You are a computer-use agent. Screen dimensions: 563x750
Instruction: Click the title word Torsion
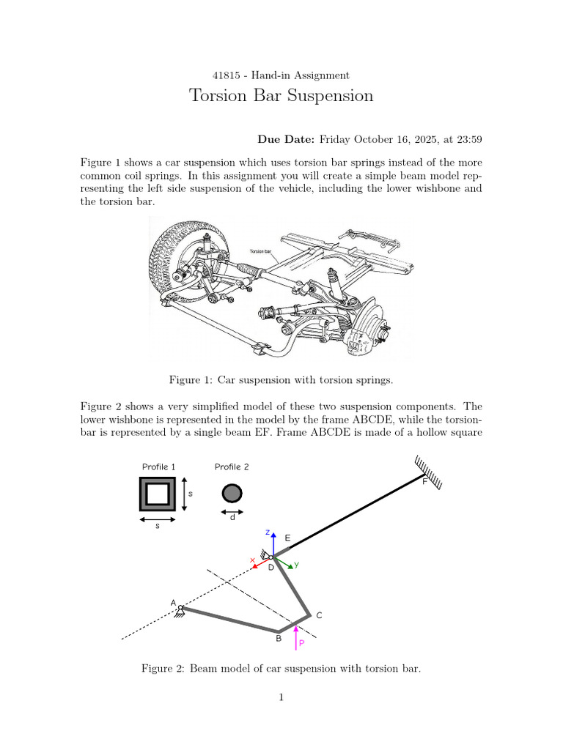pyautogui.click(x=218, y=95)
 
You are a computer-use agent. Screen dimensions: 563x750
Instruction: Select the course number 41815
pyautogui.click(x=227, y=75)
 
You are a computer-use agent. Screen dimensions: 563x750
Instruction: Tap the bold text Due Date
pyautogui.click(x=286, y=139)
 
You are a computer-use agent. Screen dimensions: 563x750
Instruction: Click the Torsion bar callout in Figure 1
pyautogui.click(x=260, y=251)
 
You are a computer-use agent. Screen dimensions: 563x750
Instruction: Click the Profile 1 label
pyautogui.click(x=159, y=467)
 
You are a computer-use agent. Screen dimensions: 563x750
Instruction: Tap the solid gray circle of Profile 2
pyautogui.click(x=232, y=493)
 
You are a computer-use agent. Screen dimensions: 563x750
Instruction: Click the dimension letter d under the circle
pyautogui.click(x=232, y=518)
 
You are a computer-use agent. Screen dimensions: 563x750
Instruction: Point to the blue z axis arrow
pyautogui.click(x=273, y=544)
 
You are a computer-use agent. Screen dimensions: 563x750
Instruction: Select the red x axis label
pyautogui.click(x=252, y=560)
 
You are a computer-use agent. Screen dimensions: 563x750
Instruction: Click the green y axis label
pyautogui.click(x=296, y=565)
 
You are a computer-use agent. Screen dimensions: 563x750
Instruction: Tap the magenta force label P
pyautogui.click(x=301, y=643)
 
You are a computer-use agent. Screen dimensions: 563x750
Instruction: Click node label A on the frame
pyautogui.click(x=173, y=604)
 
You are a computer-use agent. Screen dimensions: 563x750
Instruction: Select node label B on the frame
pyautogui.click(x=279, y=638)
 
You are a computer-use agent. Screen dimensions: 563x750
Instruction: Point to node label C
pyautogui.click(x=320, y=615)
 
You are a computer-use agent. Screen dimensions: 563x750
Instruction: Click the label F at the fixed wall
pyautogui.click(x=424, y=482)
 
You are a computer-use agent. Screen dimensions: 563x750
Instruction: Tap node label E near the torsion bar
pyautogui.click(x=287, y=538)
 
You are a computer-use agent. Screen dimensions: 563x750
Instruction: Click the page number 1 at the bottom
pyautogui.click(x=281, y=697)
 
